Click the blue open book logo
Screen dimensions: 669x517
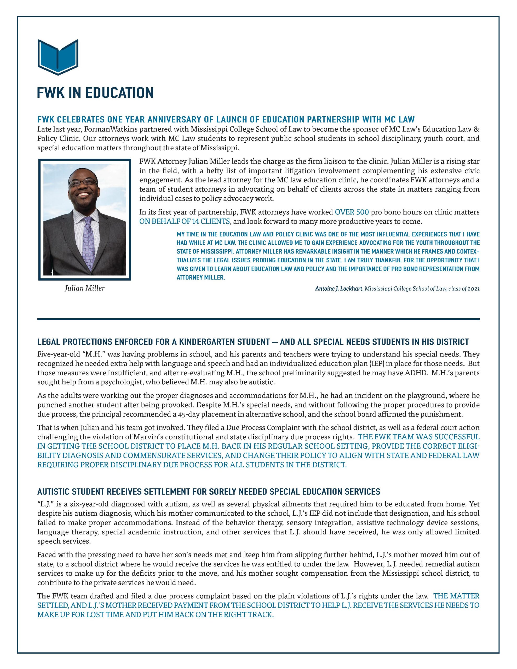(58, 57)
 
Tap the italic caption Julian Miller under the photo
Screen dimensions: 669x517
(85, 288)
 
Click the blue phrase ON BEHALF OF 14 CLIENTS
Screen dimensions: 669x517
(185, 221)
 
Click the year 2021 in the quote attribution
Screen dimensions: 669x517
(474, 289)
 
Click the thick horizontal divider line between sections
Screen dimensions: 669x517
(258, 319)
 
